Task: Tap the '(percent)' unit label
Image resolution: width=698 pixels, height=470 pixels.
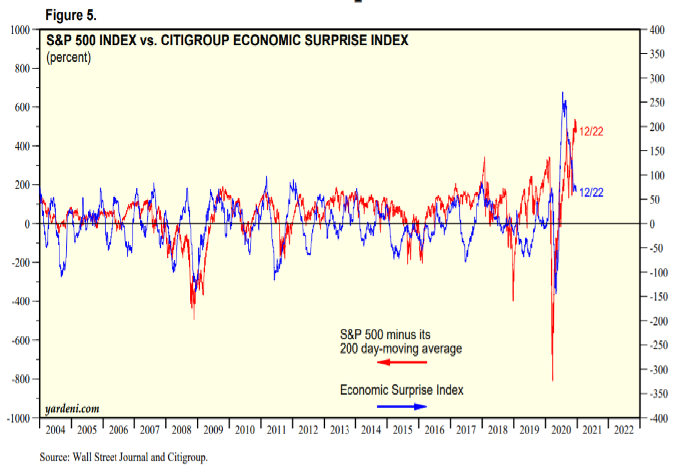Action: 69,58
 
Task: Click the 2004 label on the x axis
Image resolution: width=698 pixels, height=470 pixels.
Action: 55,430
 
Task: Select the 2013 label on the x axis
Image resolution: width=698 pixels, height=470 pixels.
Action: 340,430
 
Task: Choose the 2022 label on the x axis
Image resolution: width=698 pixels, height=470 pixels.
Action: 623,430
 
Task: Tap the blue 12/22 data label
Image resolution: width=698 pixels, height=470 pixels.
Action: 591,192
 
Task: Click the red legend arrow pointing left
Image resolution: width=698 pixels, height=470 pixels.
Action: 402,362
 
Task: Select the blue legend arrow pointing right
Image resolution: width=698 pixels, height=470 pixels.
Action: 402,406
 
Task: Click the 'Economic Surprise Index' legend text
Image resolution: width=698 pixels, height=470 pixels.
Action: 402,390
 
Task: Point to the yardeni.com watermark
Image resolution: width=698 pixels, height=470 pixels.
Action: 72,409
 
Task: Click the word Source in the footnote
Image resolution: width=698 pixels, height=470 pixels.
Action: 54,458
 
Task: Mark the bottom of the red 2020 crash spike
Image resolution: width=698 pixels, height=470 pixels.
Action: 553,380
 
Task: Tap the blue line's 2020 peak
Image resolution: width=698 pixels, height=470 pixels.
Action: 562,93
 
